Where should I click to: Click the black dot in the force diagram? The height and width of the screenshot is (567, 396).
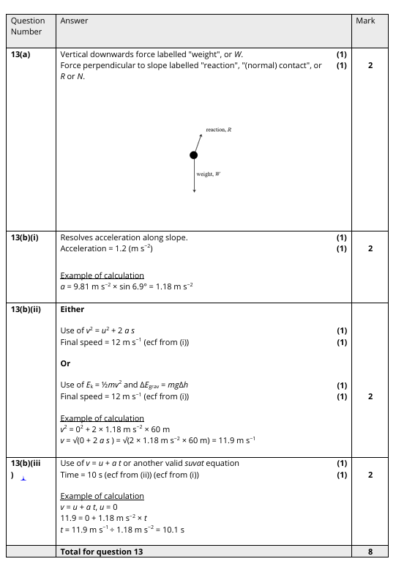[194, 155]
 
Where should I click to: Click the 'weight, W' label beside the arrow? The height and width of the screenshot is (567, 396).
[209, 174]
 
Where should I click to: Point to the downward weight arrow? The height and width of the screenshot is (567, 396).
[194, 176]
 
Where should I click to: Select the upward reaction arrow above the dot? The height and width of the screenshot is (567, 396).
[198, 142]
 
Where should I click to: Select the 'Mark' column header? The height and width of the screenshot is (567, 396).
[365, 21]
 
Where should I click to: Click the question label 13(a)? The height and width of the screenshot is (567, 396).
[23, 54]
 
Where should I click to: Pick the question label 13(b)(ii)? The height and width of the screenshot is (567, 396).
[29, 309]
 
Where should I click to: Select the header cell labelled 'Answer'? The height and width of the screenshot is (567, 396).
[74, 21]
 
